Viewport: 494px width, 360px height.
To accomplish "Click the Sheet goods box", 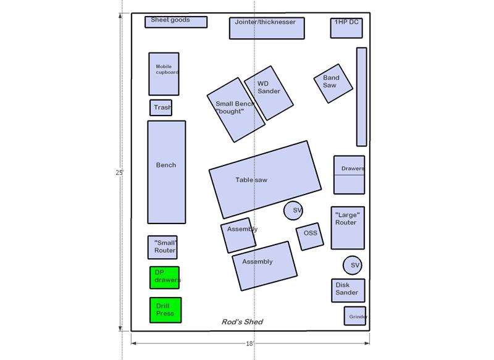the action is (176, 22).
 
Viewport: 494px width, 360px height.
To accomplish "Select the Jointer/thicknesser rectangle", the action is (267, 28).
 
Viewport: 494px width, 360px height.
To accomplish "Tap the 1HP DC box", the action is (346, 28).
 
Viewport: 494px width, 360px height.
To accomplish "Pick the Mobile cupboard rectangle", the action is (164, 74).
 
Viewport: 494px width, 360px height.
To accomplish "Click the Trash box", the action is (161, 107).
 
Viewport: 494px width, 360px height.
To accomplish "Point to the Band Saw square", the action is (333, 83).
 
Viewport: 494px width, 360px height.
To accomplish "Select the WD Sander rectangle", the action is (269, 93).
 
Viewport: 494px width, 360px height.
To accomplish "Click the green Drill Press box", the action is (165, 310).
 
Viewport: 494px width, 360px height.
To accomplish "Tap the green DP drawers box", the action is (164, 277).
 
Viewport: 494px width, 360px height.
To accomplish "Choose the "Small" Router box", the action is (162, 247).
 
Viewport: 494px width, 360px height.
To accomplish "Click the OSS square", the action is (310, 237).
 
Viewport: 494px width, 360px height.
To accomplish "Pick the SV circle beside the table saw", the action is (293, 211).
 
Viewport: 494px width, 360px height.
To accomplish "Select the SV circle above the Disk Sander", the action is (352, 265).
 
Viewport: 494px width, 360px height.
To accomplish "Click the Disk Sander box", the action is (348, 290).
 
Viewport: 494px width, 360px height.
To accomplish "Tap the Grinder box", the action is (355, 316).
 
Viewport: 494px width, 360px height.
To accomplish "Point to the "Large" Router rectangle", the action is (348, 228).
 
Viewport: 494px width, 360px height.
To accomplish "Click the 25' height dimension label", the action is (119, 173).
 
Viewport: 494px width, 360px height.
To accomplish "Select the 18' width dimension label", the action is (249, 343).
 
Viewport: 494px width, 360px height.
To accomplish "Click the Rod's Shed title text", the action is (242, 322).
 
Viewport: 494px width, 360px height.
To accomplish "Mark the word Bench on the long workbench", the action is (166, 165).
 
